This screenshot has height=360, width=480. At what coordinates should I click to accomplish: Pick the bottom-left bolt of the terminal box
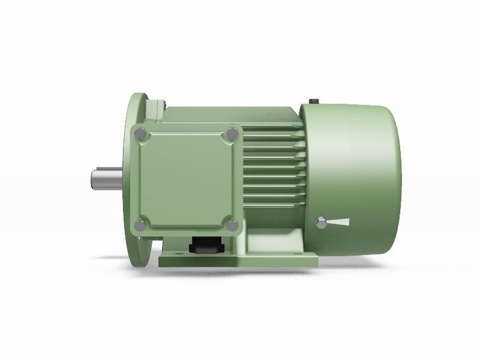pyautogui.click(x=140, y=226)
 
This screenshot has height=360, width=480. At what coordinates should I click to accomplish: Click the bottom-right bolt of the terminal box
pyautogui.click(x=232, y=226)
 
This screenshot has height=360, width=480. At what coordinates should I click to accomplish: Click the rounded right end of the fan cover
pyautogui.click(x=393, y=180)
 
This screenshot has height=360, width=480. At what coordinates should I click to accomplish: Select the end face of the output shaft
pyautogui.click(x=93, y=179)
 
